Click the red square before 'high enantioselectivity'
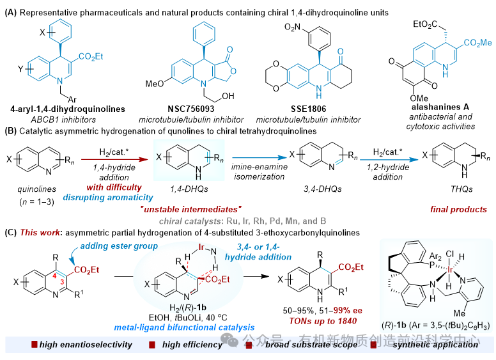33,345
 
